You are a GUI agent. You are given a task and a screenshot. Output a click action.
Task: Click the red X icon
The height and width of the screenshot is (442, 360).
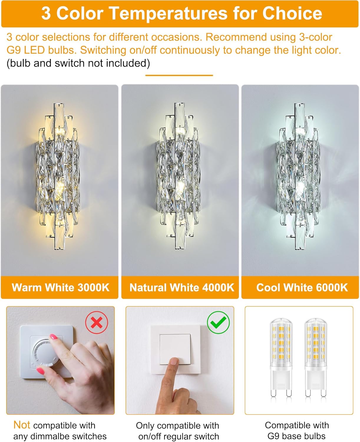97,323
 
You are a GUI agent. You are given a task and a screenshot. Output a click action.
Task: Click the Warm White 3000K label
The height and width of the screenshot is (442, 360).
60,287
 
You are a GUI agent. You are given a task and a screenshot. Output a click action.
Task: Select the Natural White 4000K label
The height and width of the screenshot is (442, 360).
181,287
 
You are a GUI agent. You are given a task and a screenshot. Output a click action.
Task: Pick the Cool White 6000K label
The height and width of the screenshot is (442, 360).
302,287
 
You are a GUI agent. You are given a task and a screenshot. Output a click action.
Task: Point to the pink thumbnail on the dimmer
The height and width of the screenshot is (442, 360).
53,337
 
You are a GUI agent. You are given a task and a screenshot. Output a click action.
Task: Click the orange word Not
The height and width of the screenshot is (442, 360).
22,425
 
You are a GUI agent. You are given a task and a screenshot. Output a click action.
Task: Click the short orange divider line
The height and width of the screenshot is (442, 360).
179,75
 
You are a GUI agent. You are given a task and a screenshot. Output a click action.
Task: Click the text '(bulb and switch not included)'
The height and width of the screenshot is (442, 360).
78,63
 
